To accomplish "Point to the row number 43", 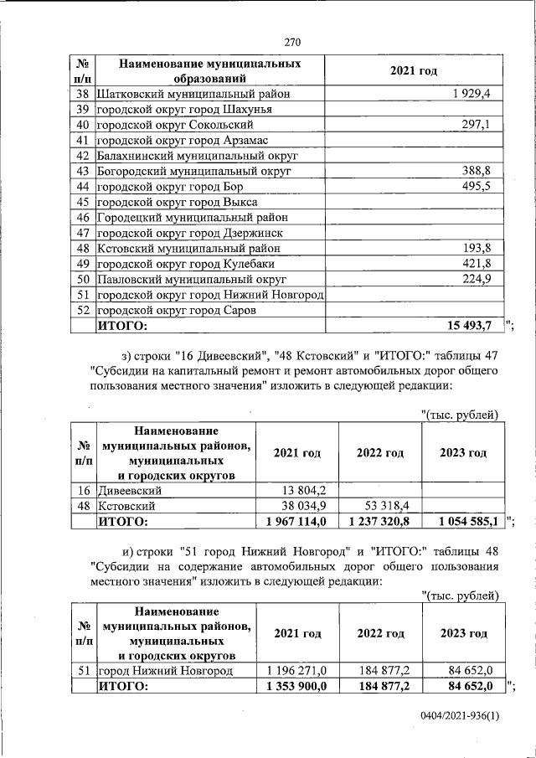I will point(82,171).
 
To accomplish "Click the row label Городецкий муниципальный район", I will point(198,217).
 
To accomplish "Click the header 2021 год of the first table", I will point(414,71).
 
